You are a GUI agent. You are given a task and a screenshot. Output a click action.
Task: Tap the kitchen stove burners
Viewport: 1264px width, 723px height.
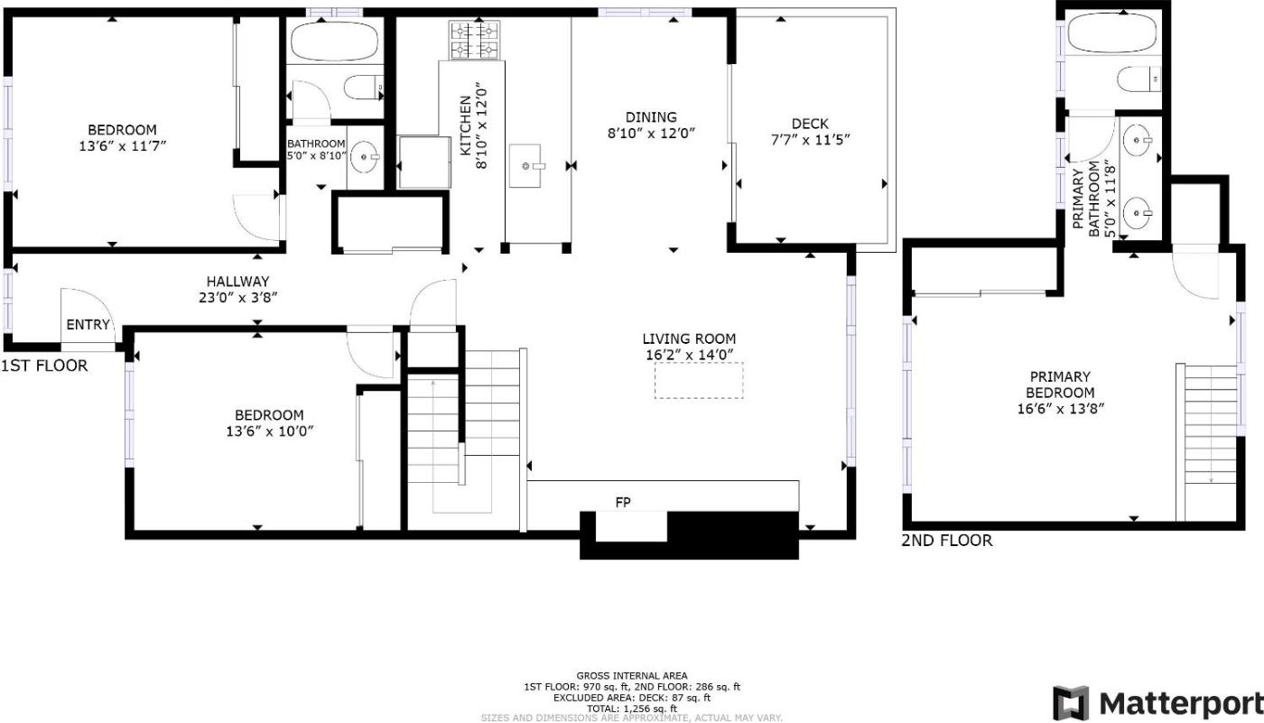tap(474, 40)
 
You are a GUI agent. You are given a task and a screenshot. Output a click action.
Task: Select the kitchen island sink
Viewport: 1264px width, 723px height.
tap(525, 166)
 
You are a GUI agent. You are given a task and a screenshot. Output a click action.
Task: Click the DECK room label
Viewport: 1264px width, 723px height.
tap(810, 124)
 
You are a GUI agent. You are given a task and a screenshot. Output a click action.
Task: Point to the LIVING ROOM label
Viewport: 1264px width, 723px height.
tap(689, 338)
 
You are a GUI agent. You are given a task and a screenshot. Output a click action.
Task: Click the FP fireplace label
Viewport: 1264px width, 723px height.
tap(623, 502)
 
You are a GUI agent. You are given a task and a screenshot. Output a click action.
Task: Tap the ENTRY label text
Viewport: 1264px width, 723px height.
tap(88, 324)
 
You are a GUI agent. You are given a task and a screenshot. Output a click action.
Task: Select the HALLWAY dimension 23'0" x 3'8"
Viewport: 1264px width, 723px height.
tap(238, 297)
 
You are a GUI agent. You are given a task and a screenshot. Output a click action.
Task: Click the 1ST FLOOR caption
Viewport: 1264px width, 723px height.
tap(44, 366)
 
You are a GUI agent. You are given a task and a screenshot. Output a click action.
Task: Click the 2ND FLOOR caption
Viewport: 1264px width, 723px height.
tap(947, 541)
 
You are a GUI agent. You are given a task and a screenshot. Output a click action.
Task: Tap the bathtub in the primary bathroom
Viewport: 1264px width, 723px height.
tap(1111, 32)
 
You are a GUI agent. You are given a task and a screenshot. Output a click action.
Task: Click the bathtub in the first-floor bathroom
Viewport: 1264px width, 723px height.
tap(333, 42)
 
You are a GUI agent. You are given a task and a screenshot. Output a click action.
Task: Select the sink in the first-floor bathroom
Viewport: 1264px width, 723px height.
tap(365, 157)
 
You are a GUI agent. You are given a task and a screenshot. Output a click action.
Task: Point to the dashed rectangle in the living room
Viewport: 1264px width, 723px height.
tap(699, 381)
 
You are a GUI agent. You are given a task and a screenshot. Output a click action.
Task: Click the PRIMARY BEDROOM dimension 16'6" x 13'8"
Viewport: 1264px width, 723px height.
tap(1060, 408)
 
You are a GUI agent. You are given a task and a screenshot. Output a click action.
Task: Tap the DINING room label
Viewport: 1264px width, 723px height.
tap(651, 116)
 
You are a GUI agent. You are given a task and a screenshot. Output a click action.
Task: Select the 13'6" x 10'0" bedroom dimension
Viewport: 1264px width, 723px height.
tap(269, 431)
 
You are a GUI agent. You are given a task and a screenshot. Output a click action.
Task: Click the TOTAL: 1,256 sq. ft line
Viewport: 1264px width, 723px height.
tap(631, 709)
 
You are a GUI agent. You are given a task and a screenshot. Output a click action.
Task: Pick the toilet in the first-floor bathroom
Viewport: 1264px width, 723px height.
tap(365, 88)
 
